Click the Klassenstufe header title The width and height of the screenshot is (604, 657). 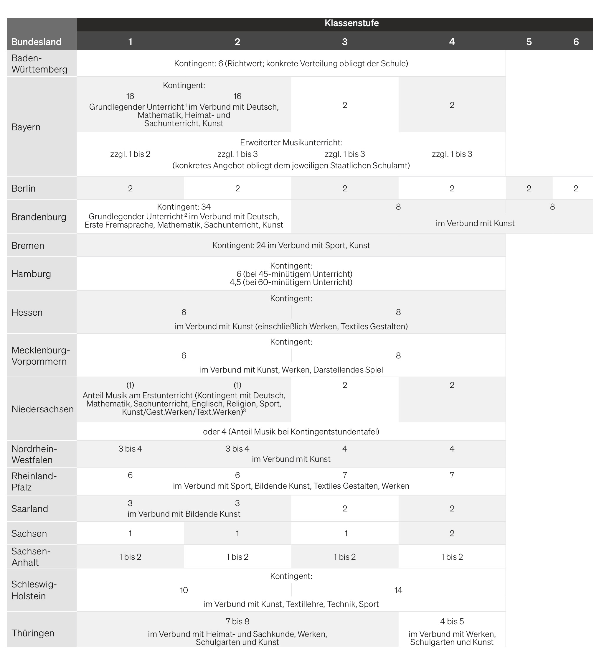click(x=351, y=23)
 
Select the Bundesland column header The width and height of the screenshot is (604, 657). click(x=36, y=42)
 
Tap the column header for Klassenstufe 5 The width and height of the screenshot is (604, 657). click(x=529, y=42)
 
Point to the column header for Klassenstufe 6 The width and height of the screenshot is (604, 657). click(x=576, y=42)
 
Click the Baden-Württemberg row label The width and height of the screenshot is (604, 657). click(x=39, y=63)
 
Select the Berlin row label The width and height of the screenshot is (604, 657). click(x=24, y=188)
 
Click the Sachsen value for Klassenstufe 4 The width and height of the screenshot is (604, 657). click(x=452, y=533)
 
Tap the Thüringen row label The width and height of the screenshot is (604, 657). click(x=33, y=633)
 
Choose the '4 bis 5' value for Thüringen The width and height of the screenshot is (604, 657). click(x=452, y=621)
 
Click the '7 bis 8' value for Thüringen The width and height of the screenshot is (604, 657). click(x=237, y=621)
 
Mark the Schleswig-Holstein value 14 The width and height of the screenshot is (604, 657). click(x=398, y=590)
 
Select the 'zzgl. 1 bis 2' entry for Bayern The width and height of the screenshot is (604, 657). click(x=130, y=154)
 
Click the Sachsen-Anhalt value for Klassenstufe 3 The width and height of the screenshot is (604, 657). click(x=344, y=557)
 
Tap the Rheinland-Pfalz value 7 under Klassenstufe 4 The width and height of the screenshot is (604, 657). click(x=452, y=475)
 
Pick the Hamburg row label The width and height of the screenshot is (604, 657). click(x=31, y=274)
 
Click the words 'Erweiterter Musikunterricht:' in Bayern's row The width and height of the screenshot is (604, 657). click(x=291, y=143)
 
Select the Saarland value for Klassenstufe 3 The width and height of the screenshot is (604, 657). click(x=344, y=508)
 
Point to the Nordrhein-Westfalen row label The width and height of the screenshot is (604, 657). click(x=34, y=454)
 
